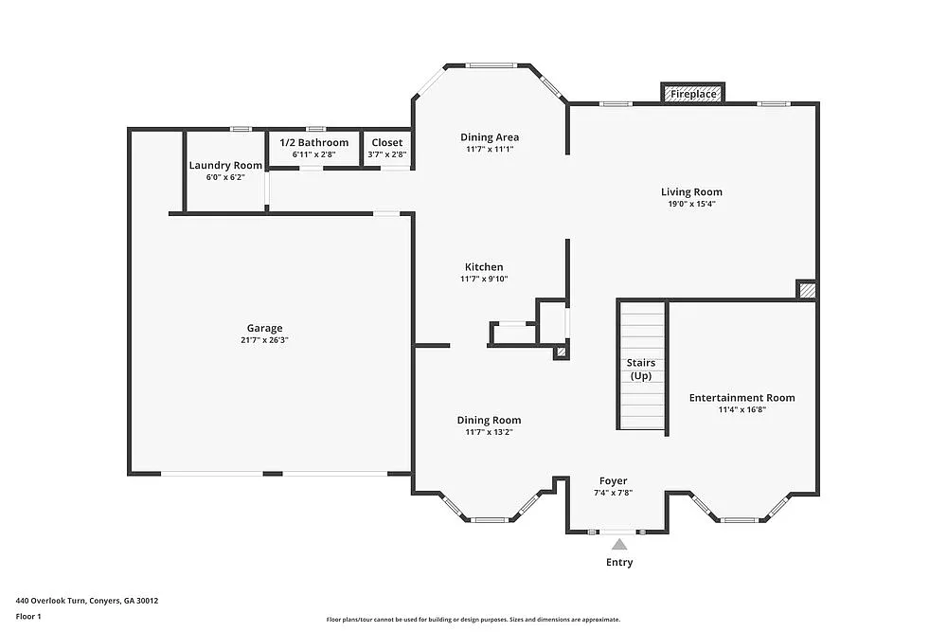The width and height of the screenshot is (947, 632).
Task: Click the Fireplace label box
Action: coord(693,94)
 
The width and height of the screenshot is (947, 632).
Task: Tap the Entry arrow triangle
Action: coord(619,544)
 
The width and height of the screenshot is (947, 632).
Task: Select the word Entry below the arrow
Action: coord(619,562)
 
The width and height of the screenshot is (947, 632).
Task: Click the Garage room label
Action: coord(265,328)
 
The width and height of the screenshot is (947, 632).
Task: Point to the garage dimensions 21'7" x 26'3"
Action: coord(265,340)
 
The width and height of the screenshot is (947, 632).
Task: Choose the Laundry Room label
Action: coord(225,165)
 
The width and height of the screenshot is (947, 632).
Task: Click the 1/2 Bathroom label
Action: coord(313,142)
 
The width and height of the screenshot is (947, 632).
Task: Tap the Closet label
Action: coord(386,142)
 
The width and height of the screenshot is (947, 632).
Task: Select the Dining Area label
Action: coord(490,136)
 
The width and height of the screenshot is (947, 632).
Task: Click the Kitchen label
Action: coord(483,267)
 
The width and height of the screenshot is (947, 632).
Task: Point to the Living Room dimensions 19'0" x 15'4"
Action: coord(691,204)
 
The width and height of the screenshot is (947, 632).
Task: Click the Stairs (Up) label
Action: coord(641,370)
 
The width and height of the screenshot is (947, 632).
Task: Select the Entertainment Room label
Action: coord(742,397)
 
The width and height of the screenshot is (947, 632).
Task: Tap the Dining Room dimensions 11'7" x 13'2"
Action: coord(489,432)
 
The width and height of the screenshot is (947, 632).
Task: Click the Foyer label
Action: coord(613,480)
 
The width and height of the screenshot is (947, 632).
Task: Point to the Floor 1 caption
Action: coord(28,616)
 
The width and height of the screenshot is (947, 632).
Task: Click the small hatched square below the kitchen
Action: coord(561,352)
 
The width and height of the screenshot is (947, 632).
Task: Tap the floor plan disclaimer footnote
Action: coord(473,619)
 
